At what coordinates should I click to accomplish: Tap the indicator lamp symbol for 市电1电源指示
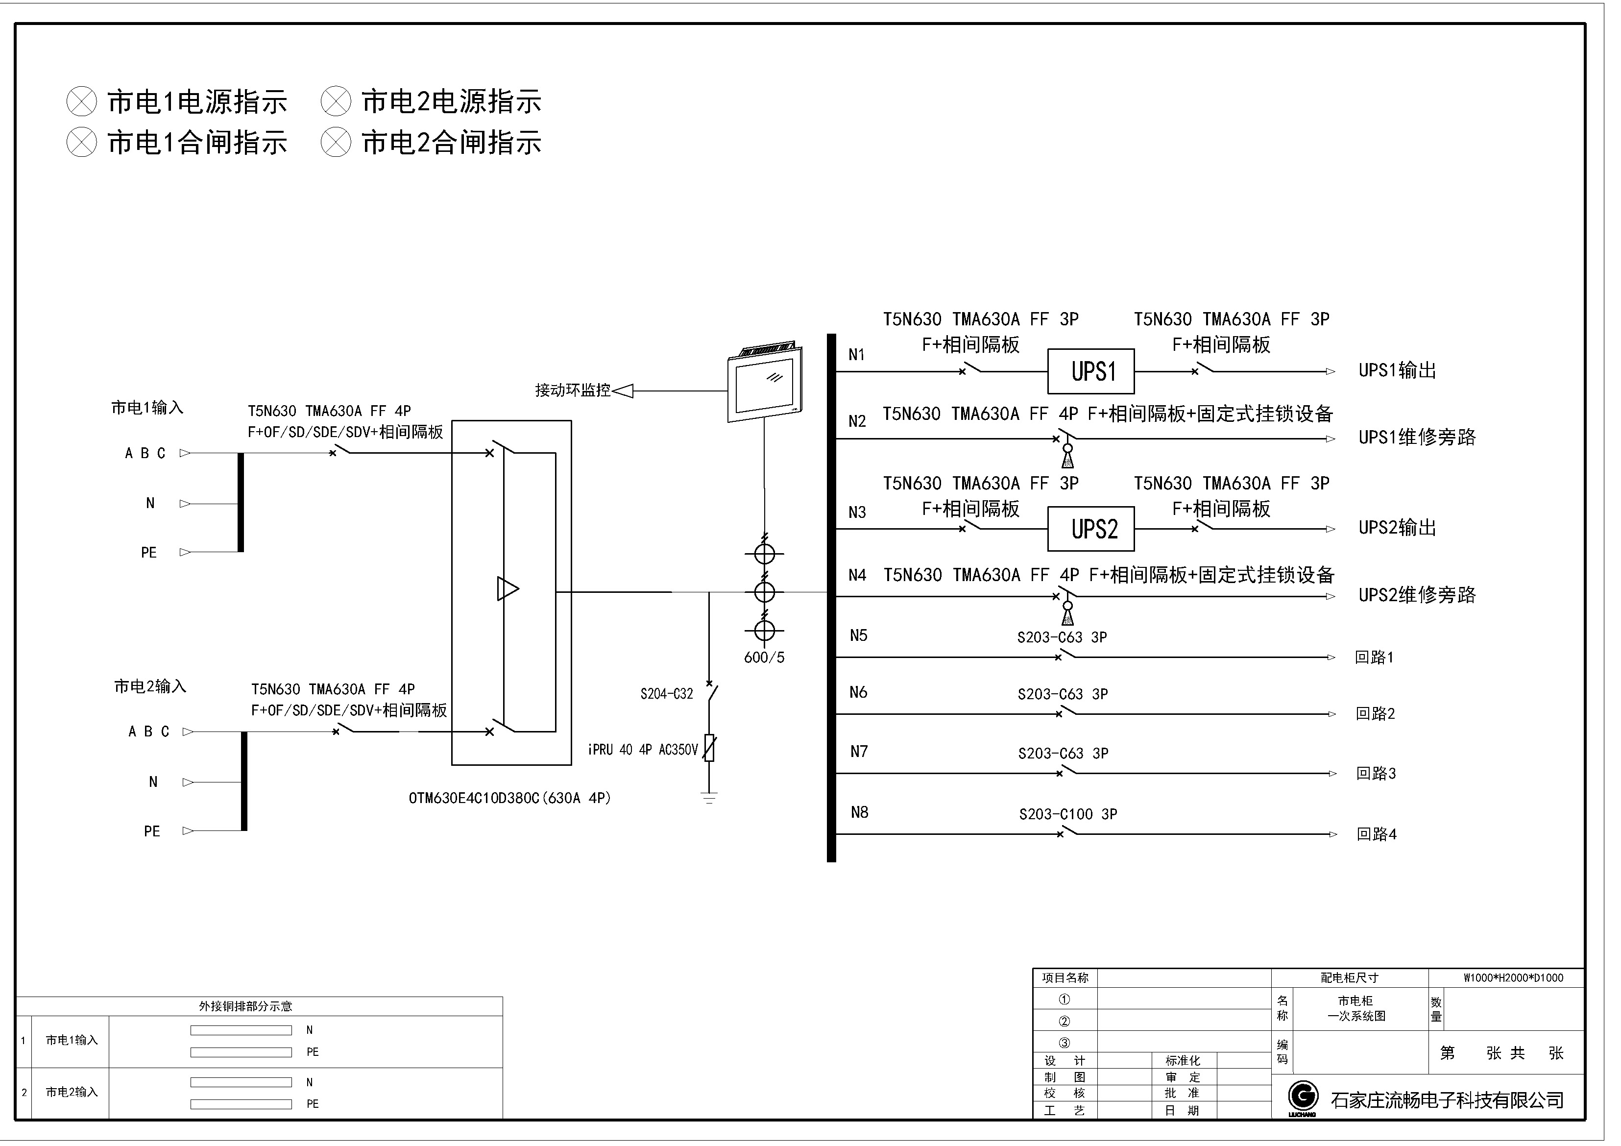[81, 102]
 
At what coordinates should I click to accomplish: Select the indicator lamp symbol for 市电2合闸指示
[336, 143]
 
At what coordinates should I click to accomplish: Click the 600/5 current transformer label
[764, 658]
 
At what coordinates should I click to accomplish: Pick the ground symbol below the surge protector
[709, 798]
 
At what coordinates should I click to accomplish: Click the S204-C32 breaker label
[666, 694]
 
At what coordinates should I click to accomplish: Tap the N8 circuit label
[859, 812]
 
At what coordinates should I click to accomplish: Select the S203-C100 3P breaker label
[1067, 814]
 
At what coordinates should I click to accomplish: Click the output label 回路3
[1375, 773]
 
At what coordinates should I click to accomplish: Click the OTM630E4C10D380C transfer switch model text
[509, 798]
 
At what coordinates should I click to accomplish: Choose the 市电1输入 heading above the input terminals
[147, 408]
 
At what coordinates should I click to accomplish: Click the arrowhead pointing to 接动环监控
[623, 390]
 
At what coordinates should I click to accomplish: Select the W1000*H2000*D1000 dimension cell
[1512, 978]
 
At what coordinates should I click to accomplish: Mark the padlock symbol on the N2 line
[1067, 456]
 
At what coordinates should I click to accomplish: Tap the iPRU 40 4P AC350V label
[642, 750]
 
